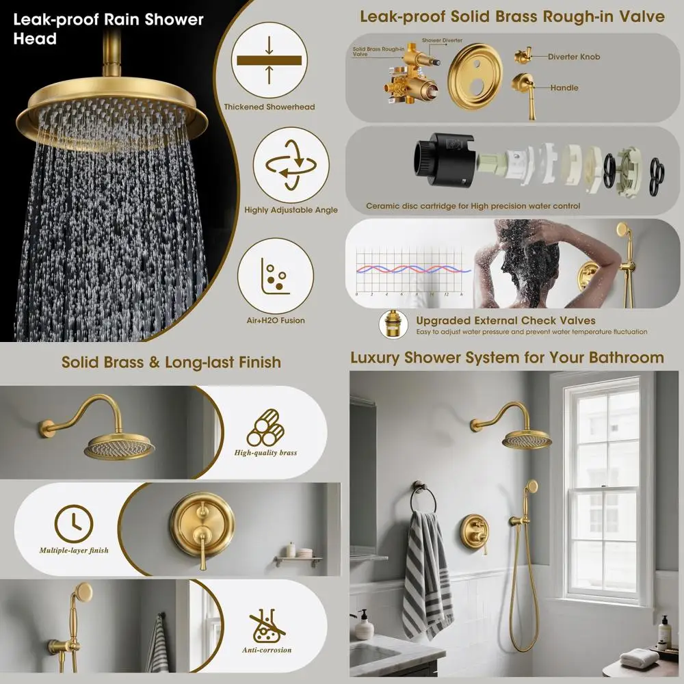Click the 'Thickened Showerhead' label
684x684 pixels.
point(269,107)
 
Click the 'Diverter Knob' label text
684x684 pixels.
point(573,57)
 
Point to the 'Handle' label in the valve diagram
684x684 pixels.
point(564,88)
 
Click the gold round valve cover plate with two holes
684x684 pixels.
point(475,77)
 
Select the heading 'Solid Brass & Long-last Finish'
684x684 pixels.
point(171,362)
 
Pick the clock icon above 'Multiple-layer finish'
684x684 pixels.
point(73,523)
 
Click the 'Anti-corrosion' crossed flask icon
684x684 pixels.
point(266,625)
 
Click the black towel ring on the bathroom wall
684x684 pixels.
point(420,498)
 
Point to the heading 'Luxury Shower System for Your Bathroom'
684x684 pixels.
point(507,358)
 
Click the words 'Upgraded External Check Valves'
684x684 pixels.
point(505,321)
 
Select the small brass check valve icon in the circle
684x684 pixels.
point(395,324)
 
